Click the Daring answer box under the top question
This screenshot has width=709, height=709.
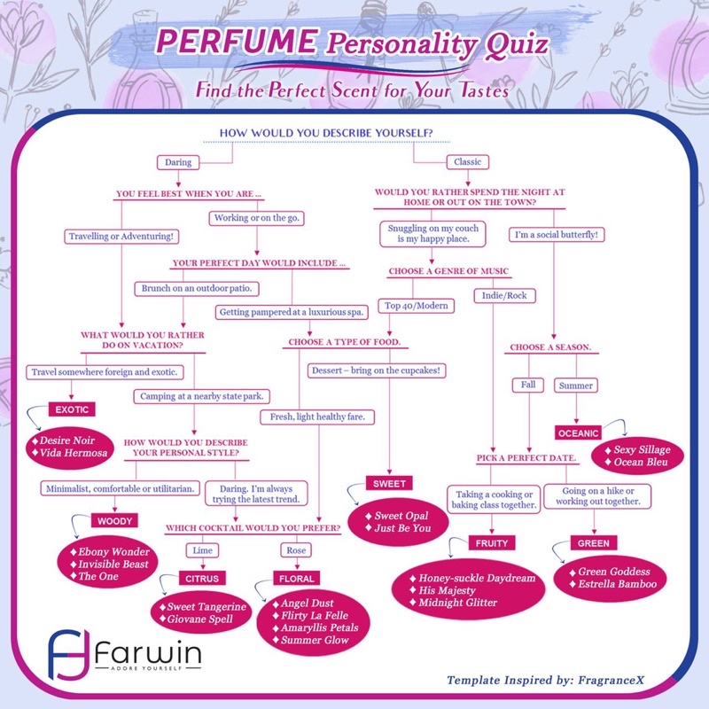[x=178, y=162]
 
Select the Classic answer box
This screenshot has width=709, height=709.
[x=468, y=162]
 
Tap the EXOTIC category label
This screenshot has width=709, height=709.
[x=72, y=409]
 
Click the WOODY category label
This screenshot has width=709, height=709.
[x=115, y=521]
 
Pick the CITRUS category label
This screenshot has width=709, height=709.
[x=202, y=579]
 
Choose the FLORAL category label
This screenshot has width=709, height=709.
[x=297, y=579]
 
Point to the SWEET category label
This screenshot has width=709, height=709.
[x=389, y=483]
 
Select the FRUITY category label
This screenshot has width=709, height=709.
[x=492, y=543]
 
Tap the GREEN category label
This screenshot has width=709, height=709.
[x=594, y=543]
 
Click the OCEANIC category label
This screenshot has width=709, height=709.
[x=579, y=433]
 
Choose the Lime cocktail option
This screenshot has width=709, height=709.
[x=203, y=550]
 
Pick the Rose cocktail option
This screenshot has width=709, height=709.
[x=296, y=550]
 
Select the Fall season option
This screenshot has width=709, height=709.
[x=528, y=385]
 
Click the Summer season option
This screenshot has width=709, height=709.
[x=576, y=386]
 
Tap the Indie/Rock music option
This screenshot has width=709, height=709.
[x=504, y=296]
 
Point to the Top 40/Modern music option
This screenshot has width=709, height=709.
[x=417, y=306]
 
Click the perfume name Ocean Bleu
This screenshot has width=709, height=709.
[x=641, y=462]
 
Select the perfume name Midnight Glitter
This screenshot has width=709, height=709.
[x=457, y=603]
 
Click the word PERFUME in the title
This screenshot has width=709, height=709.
[x=238, y=41]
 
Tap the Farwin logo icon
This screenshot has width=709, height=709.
[x=69, y=654]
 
